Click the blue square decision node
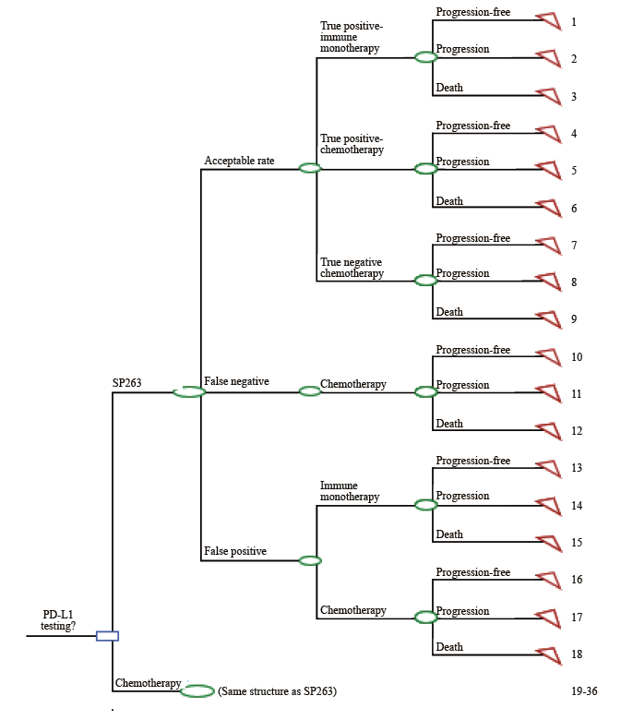click(108, 635)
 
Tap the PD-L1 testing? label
click(58, 619)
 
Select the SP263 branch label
click(127, 381)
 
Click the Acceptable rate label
click(239, 161)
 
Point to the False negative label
click(235, 381)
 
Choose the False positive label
click(234, 551)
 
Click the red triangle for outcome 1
click(550, 21)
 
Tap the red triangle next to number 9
click(550, 319)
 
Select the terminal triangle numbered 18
click(550, 654)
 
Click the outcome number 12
click(576, 431)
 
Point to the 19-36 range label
click(583, 690)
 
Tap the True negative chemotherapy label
click(352, 268)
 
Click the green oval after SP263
click(189, 392)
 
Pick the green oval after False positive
click(310, 560)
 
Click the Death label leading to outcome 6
click(449, 201)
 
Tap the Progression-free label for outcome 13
click(472, 461)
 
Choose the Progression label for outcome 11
click(462, 385)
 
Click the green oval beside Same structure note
click(197, 691)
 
